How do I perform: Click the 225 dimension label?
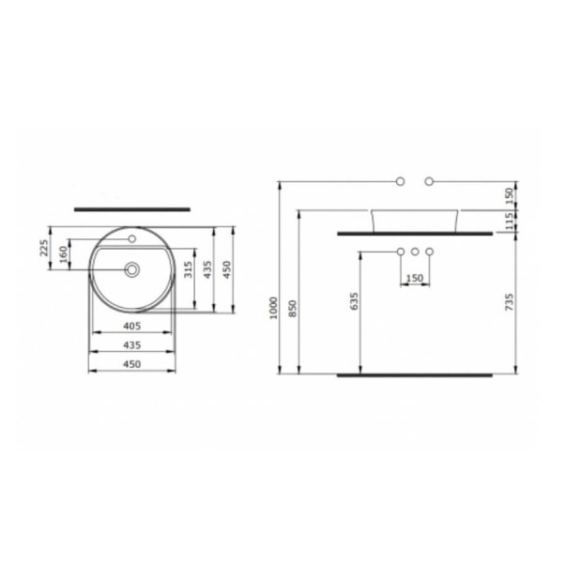point(43,249)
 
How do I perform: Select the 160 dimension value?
point(64,254)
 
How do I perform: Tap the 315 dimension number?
point(188,271)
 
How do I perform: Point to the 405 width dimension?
point(131,326)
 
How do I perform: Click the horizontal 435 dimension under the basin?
point(131,345)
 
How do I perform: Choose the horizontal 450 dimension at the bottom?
point(131,364)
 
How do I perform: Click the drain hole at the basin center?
point(132,270)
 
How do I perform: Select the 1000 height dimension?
point(273,308)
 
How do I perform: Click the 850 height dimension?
point(292,308)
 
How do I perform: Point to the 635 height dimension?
point(354,301)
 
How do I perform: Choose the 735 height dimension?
point(509,301)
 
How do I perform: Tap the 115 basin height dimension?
point(509,220)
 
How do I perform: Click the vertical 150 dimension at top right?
point(509,193)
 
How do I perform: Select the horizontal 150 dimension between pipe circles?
point(415,279)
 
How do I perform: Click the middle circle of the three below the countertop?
point(415,252)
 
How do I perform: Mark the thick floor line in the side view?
point(414,374)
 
